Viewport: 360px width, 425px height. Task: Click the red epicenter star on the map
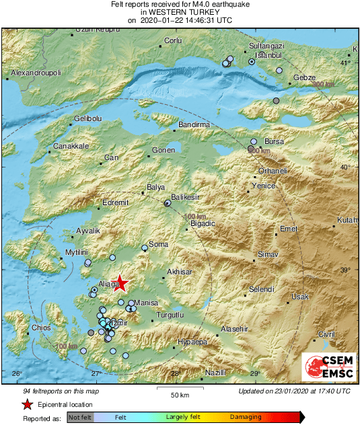click(x=120, y=283)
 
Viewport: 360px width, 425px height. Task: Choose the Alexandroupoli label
click(x=36, y=73)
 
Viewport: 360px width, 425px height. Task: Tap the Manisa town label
click(x=146, y=303)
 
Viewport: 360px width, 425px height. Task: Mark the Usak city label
click(x=299, y=297)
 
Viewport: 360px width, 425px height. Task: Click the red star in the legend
click(x=27, y=404)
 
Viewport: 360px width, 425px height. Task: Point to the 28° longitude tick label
click(x=176, y=373)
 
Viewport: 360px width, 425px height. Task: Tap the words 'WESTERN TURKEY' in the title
click(x=180, y=12)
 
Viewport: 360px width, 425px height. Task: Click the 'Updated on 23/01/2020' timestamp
click(x=294, y=391)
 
